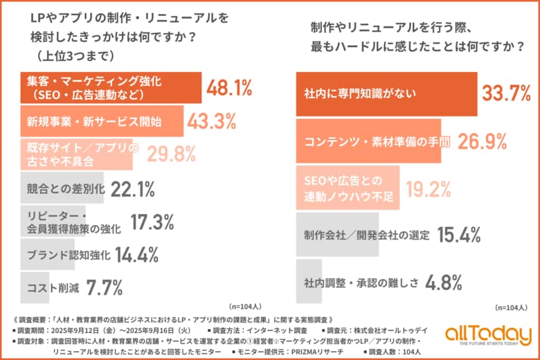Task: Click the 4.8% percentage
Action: [444, 283]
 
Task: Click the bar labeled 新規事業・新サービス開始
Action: [101, 122]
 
